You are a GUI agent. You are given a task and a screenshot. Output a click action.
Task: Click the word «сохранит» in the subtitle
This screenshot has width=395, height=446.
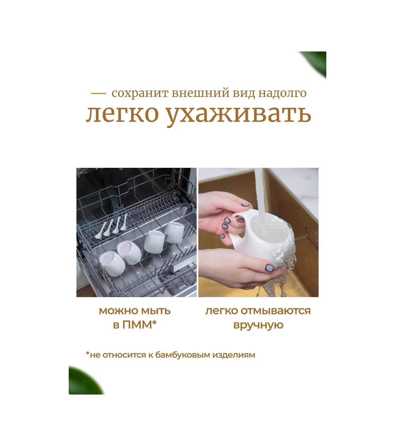[x=140, y=93]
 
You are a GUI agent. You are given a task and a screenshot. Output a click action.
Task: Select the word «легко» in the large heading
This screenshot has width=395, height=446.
[x=123, y=114]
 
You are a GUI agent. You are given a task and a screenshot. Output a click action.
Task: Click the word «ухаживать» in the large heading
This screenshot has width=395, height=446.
[x=239, y=115]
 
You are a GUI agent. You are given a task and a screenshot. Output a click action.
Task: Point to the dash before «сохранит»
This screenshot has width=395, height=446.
[x=98, y=93]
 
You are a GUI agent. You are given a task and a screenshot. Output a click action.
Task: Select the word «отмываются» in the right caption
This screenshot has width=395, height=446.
[x=276, y=311]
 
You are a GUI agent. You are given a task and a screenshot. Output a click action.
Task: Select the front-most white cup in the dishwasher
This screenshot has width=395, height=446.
[x=112, y=264]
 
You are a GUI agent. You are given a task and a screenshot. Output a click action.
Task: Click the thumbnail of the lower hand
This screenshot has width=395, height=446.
[x=269, y=268]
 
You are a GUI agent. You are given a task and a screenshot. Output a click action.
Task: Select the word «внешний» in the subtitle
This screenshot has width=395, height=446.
[x=201, y=93]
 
